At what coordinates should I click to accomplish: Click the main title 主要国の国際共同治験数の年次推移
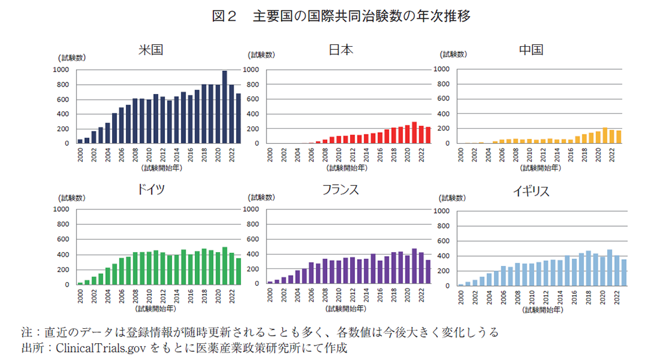pyautogui.click(x=361, y=17)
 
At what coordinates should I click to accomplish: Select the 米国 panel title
pyautogui.click(x=151, y=49)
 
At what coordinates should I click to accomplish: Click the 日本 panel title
pyautogui.click(x=341, y=49)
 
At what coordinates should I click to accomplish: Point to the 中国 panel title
pyautogui.click(x=531, y=49)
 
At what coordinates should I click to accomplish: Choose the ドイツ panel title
pyautogui.click(x=151, y=190)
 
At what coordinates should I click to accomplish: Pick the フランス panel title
pyautogui.click(x=340, y=190)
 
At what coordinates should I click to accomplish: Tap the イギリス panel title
pyautogui.click(x=531, y=191)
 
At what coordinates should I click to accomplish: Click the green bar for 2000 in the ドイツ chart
pyautogui.click(x=80, y=283)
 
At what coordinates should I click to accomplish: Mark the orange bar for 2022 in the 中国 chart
pyautogui.click(x=611, y=136)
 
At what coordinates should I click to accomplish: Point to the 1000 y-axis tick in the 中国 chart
pyautogui.click(x=441, y=70)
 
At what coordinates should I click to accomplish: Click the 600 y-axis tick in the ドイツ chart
pyautogui.click(x=62, y=240)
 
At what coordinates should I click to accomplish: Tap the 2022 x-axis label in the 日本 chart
pyautogui.click(x=422, y=154)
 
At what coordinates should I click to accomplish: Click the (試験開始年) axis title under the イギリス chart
pyautogui.click(x=543, y=309)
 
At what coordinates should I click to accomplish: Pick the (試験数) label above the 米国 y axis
pyautogui.click(x=73, y=58)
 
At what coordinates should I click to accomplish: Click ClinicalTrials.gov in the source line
pyautogui.click(x=101, y=348)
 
